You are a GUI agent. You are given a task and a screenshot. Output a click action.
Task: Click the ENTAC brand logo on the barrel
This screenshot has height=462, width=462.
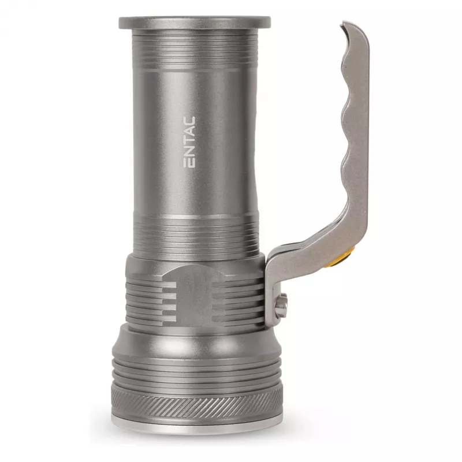pyautogui.click(x=189, y=142)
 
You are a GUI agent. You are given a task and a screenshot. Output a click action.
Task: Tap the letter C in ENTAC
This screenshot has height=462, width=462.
pyautogui.click(x=189, y=121)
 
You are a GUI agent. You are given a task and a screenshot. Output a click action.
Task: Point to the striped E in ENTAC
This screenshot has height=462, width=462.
pyautogui.click(x=189, y=163)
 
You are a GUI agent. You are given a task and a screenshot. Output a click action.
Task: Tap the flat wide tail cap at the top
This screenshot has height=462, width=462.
pyautogui.click(x=195, y=23)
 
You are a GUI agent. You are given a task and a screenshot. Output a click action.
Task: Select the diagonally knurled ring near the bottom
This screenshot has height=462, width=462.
pyautogui.click(x=196, y=402)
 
